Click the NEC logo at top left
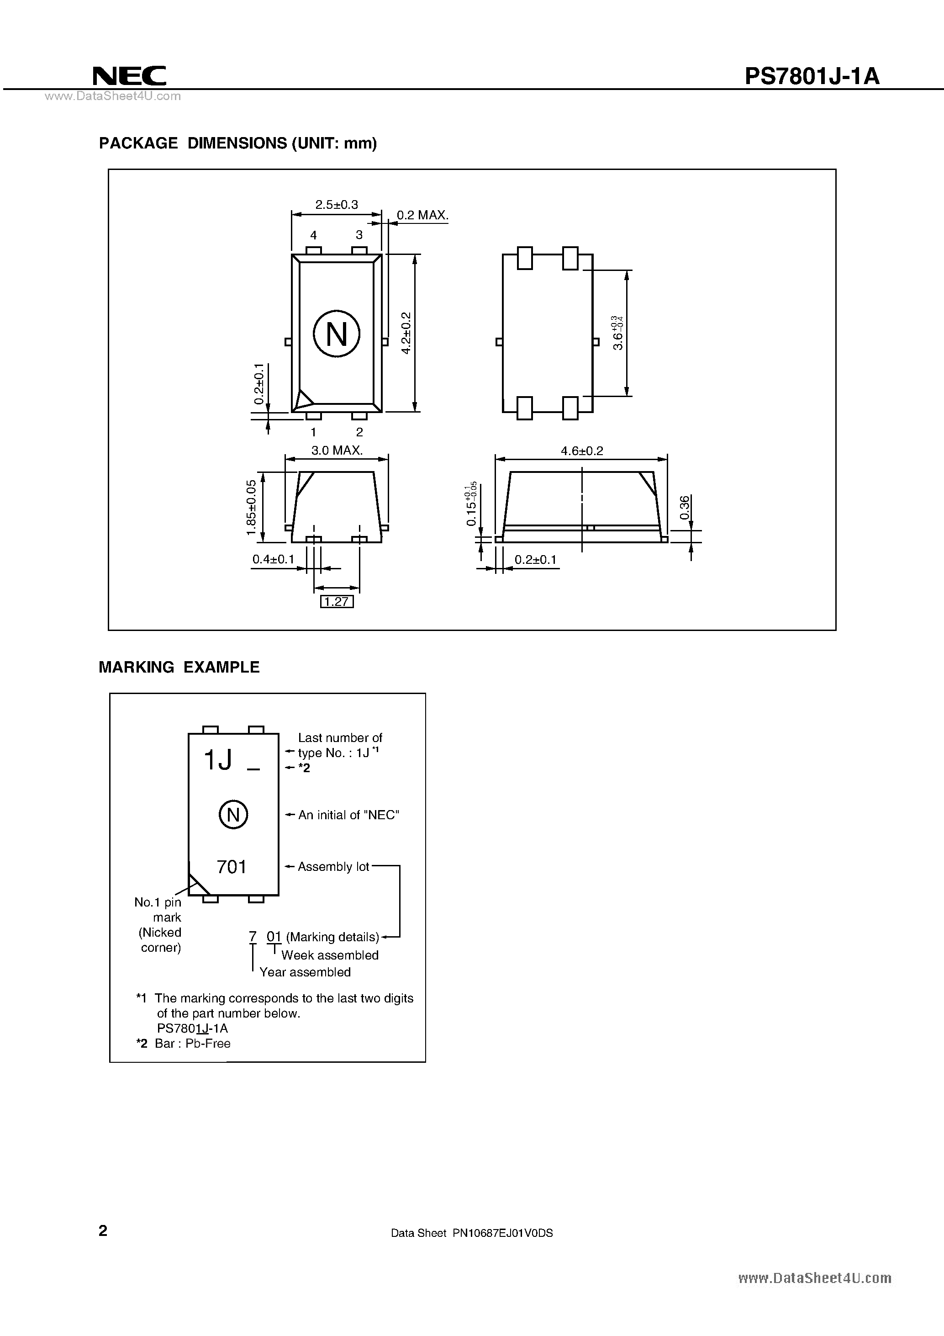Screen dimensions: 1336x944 (x=129, y=76)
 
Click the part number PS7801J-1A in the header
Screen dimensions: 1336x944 (x=812, y=76)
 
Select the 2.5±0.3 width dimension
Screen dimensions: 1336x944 (x=336, y=205)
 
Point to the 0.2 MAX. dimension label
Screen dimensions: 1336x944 (x=422, y=215)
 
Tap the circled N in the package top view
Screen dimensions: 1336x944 (x=336, y=334)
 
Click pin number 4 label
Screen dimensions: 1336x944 (x=313, y=235)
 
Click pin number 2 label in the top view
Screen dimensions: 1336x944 (x=359, y=432)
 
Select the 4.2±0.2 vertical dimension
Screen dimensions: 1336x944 (x=406, y=333)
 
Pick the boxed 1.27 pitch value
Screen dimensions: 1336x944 (x=337, y=602)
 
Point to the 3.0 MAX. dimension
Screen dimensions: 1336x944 (x=337, y=451)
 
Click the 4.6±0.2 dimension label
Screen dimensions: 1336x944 (x=582, y=451)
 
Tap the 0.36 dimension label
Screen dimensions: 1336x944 (x=685, y=508)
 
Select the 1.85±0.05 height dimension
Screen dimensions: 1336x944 (x=251, y=508)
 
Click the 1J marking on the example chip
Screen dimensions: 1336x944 (x=218, y=760)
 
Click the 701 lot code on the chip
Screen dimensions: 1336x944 (x=232, y=867)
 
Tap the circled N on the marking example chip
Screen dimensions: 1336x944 (x=233, y=815)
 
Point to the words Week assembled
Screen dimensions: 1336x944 (x=330, y=955)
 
